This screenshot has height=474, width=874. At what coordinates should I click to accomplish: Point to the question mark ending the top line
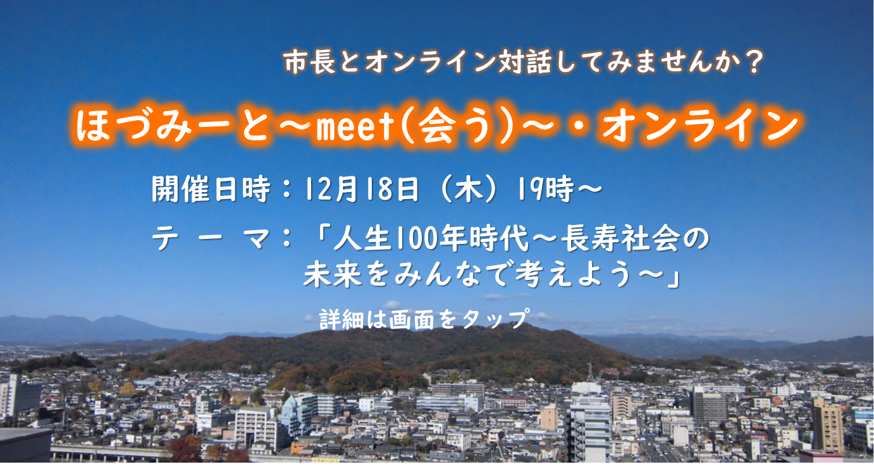[x=752, y=62]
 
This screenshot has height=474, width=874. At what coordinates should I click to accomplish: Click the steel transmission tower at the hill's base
[x=589, y=373]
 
